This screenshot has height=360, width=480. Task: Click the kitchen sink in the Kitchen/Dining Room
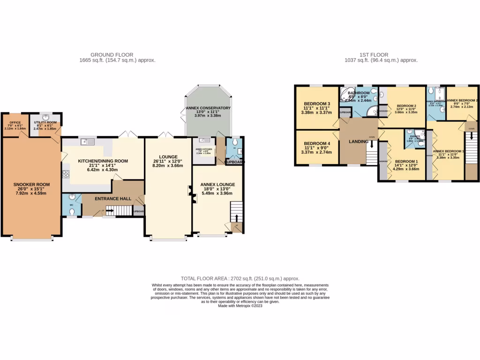(88, 142)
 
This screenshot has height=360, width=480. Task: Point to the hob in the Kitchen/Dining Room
(66, 175)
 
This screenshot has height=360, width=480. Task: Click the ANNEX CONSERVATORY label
(208, 108)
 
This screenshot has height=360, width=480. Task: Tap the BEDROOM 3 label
(317, 104)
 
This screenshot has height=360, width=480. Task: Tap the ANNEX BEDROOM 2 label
(462, 100)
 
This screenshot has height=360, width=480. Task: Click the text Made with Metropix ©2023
(240, 306)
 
